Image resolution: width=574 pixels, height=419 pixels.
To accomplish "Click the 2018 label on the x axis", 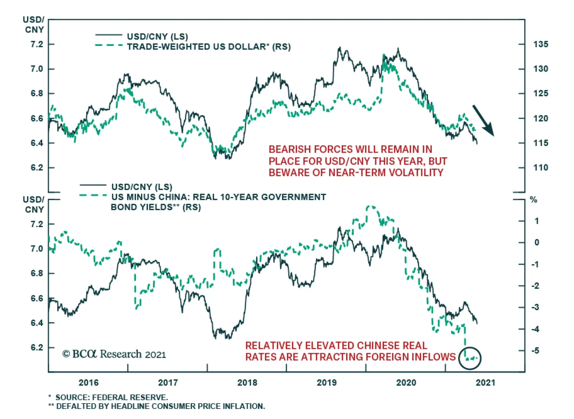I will click(x=247, y=382).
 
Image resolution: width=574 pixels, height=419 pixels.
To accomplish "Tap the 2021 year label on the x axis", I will click(x=485, y=382).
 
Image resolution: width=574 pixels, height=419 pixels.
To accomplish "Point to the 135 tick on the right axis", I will click(x=541, y=44).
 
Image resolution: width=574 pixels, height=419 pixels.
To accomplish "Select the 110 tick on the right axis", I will click(x=541, y=167).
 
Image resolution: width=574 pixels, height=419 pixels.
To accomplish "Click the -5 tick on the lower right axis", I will click(x=535, y=350).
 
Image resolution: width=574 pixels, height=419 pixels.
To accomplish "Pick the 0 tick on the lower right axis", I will click(x=537, y=243).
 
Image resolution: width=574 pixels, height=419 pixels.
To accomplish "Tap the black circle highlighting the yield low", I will click(x=470, y=358).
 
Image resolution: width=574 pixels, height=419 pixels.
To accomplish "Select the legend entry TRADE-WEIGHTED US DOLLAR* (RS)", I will click(x=208, y=47).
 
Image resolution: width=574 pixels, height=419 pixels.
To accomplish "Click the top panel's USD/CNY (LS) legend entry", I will click(x=157, y=36).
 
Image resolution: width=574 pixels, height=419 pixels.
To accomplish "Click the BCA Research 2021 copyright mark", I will click(x=114, y=354).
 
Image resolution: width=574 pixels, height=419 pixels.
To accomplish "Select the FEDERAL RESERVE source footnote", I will click(x=130, y=397).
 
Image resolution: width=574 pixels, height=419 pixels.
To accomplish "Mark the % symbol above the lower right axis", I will click(x=533, y=200).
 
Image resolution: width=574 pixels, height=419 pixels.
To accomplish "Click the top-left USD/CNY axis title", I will click(x=34, y=24).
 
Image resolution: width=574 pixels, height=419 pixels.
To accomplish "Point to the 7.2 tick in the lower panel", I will click(x=37, y=224).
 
